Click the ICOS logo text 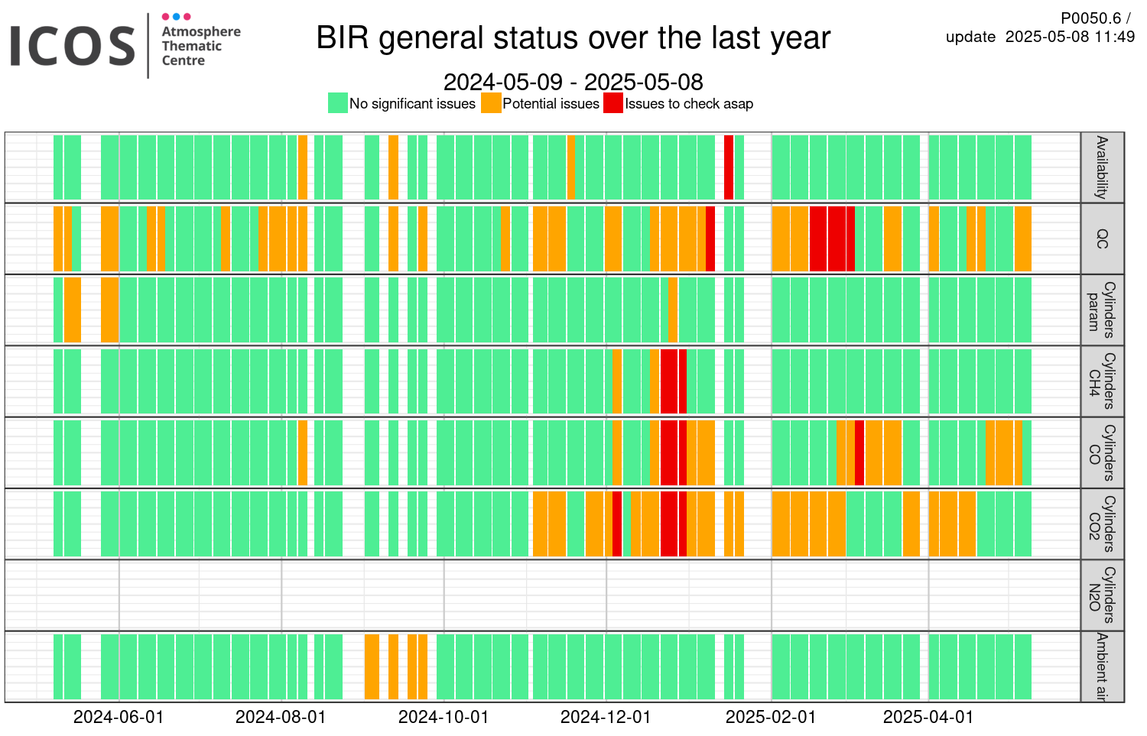[x=72, y=46]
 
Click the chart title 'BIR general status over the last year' [x=573, y=38]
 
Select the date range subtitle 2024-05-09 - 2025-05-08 [x=573, y=82]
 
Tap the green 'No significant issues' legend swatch [x=338, y=103]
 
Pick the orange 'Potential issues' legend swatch [x=491, y=103]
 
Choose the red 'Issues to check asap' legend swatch [x=613, y=103]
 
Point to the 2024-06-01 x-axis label [x=119, y=717]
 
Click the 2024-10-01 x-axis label [x=444, y=717]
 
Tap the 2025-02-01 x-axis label [x=771, y=717]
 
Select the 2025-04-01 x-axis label [x=928, y=717]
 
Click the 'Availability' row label [x=1101, y=167]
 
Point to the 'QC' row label [x=1101, y=238]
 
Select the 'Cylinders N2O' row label [x=1101, y=595]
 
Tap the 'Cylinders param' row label [x=1101, y=310]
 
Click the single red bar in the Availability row [x=729, y=167]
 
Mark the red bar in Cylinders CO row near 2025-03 [x=859, y=452]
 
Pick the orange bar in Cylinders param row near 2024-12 [x=673, y=310]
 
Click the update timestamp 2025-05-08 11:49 [x=1071, y=37]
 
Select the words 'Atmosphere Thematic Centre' [x=201, y=46]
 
